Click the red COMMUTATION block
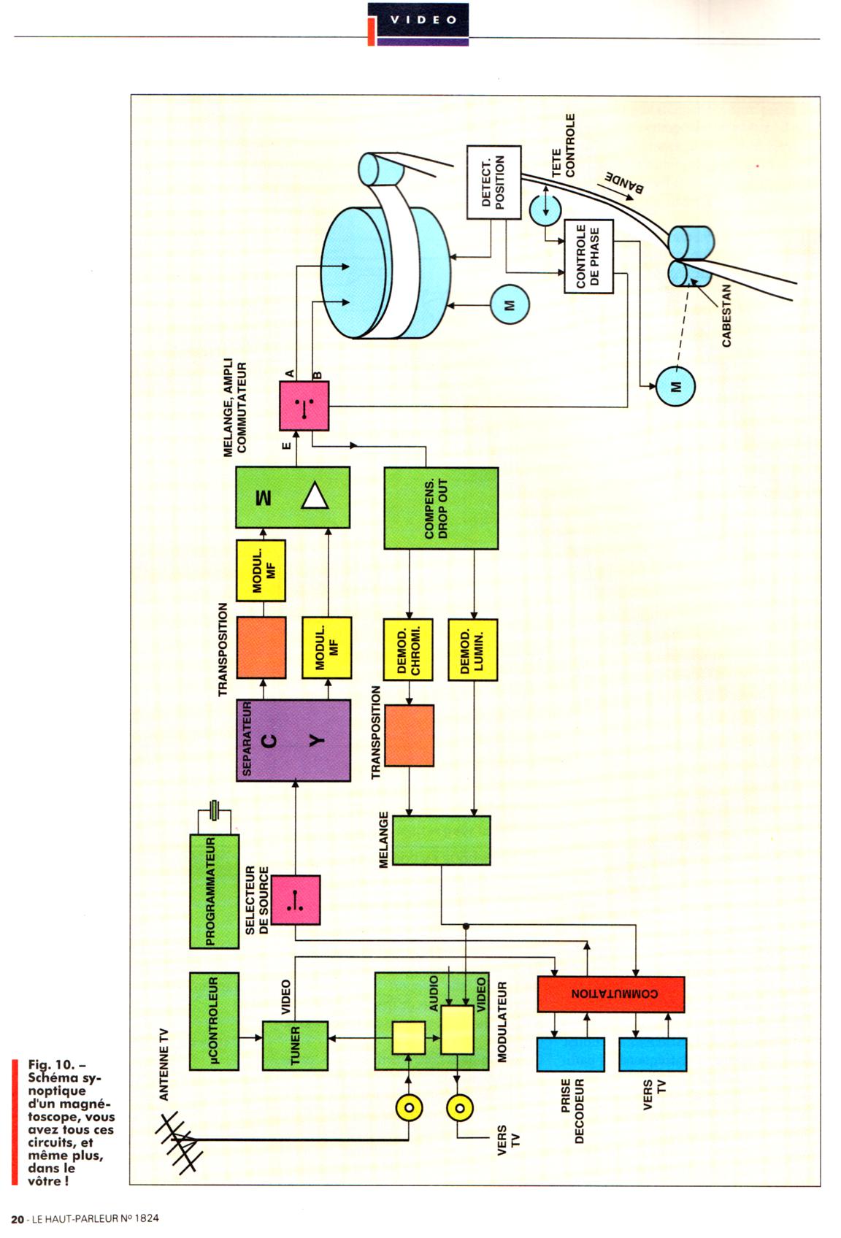611,993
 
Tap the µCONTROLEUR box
214,1021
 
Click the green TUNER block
295,1045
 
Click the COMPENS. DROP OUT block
441,508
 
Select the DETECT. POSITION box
494,182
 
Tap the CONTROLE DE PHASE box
588,257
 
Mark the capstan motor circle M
675,386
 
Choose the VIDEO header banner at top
423,20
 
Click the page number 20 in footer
18,1218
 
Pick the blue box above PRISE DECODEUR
570,1054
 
